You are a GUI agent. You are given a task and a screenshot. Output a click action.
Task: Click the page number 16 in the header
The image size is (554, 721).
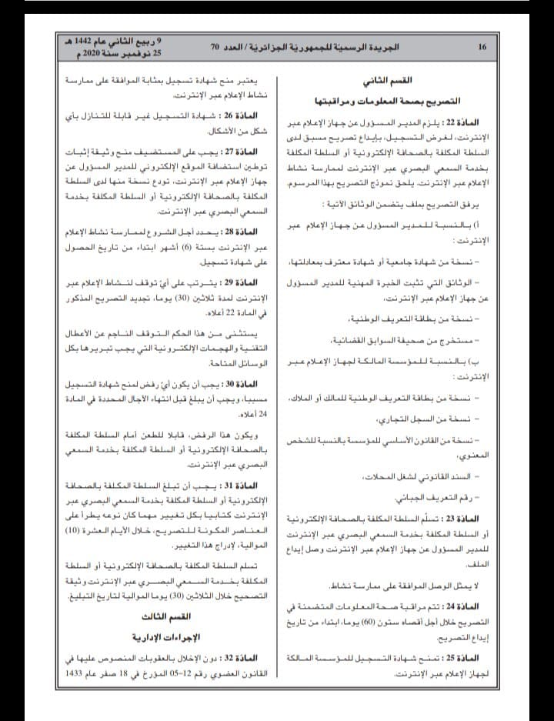click(x=482, y=47)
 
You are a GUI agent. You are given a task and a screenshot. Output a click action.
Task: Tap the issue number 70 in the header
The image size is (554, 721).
click(x=217, y=47)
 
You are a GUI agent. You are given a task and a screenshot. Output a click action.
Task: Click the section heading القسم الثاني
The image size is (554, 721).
click(x=398, y=81)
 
